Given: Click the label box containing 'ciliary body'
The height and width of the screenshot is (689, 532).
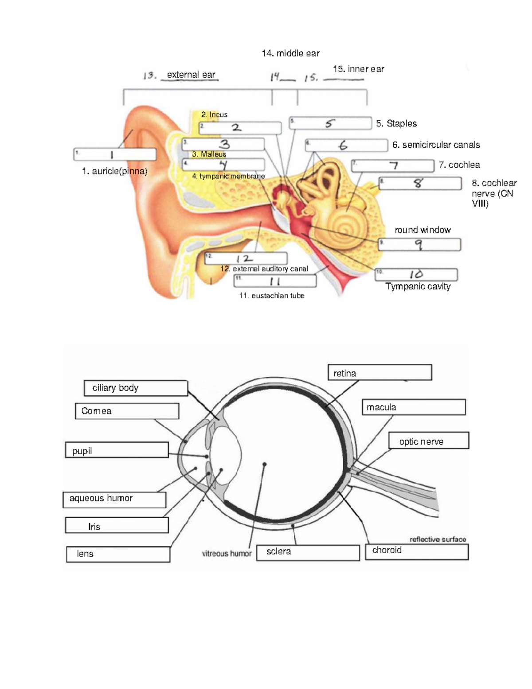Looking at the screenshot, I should click(136, 388).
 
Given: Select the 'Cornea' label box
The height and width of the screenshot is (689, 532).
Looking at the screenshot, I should click(127, 411).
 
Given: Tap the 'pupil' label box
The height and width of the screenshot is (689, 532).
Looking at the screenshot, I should click(117, 450).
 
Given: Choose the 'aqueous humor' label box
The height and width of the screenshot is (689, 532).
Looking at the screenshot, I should click(114, 499).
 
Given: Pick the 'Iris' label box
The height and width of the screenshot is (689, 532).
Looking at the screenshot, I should click(117, 525).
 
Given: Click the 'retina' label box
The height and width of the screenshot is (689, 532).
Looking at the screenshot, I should click(379, 373).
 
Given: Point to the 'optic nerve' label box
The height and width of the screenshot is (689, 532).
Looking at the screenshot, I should click(428, 441).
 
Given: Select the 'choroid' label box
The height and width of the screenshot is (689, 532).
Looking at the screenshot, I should click(417, 551).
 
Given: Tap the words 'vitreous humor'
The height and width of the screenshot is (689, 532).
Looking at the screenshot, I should click(227, 554).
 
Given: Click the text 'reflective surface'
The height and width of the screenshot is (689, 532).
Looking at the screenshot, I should click(438, 539).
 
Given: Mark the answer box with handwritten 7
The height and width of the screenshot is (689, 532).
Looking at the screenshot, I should click(393, 166).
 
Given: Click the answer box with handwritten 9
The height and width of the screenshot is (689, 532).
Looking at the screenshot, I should click(419, 244).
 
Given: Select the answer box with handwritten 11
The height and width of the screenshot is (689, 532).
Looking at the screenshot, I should click(275, 281).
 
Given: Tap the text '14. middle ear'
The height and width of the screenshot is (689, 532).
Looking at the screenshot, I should click(290, 53).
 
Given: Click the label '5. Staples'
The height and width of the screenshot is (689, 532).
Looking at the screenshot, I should click(396, 123).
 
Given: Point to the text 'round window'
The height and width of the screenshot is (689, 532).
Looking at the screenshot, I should click(422, 230).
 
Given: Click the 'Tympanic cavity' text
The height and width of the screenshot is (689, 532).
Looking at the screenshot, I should click(418, 287).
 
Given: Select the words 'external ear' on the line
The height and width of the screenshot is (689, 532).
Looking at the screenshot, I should click(191, 75).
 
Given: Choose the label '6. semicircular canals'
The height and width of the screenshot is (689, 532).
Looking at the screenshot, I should click(436, 145).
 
